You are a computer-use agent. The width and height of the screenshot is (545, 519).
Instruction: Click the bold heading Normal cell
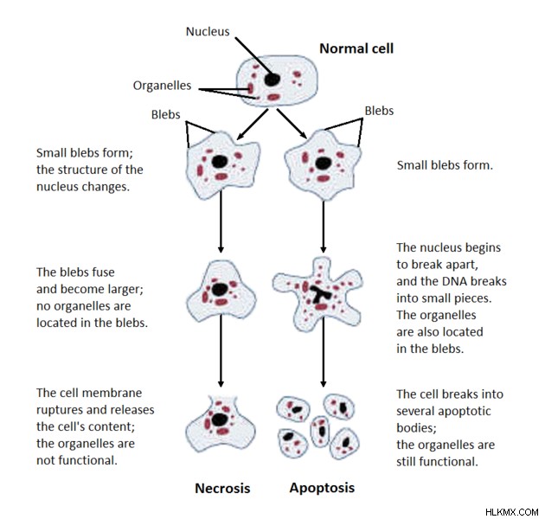click(356, 48)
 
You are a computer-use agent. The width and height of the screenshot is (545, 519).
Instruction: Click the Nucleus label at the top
click(208, 32)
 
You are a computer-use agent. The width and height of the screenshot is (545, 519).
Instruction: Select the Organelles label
click(162, 86)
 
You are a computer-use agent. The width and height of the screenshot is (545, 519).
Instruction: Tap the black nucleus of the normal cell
click(272, 80)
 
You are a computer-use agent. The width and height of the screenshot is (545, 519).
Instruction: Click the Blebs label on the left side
click(165, 115)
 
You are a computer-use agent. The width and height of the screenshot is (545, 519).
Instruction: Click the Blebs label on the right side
click(379, 111)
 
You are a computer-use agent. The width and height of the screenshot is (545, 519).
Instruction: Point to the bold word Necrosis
click(222, 488)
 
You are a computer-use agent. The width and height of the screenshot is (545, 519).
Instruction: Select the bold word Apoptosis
click(322, 488)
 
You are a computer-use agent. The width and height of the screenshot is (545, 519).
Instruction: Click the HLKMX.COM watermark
click(511, 512)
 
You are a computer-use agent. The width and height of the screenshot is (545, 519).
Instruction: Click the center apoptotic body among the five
click(320, 431)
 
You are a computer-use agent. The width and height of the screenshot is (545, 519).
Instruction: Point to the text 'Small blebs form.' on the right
click(445, 165)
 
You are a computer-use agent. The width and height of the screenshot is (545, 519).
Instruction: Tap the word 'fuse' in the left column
click(103, 272)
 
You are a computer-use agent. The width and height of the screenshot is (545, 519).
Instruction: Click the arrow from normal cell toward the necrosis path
click(253, 125)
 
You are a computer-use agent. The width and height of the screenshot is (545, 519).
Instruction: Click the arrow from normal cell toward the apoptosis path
click(292, 124)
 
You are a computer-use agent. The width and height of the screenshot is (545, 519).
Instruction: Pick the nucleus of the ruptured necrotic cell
click(220, 420)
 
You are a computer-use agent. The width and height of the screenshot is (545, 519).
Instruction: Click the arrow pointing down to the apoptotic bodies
click(324, 352)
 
